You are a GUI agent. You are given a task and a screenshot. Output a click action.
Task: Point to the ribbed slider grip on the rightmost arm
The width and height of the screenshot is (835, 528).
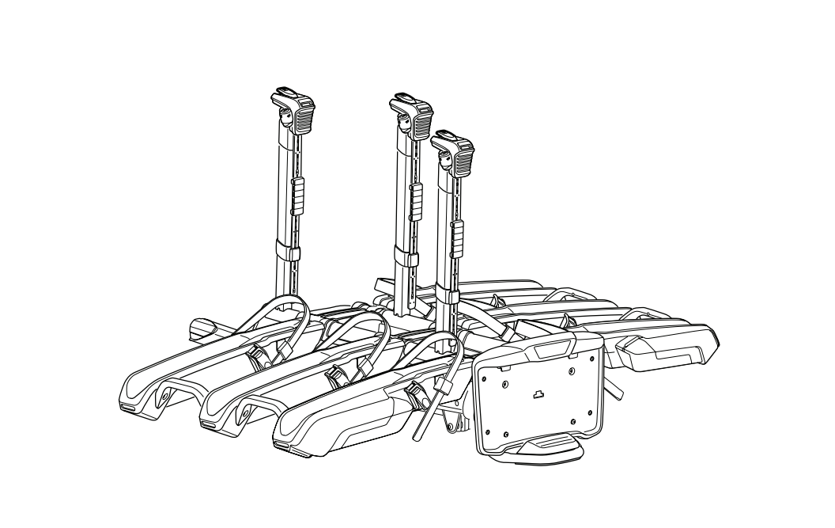tap(458, 235)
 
